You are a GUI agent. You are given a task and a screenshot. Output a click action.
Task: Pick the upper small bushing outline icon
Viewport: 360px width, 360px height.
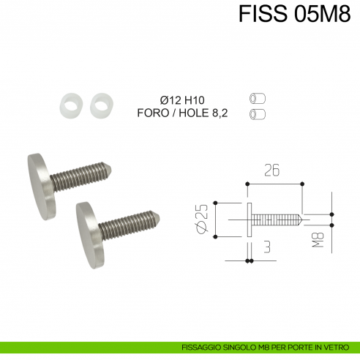point(257,98)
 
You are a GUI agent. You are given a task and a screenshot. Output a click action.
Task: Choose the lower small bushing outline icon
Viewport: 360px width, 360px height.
point(257,113)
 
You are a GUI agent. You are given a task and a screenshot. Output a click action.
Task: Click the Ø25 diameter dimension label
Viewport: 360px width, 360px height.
point(203,218)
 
